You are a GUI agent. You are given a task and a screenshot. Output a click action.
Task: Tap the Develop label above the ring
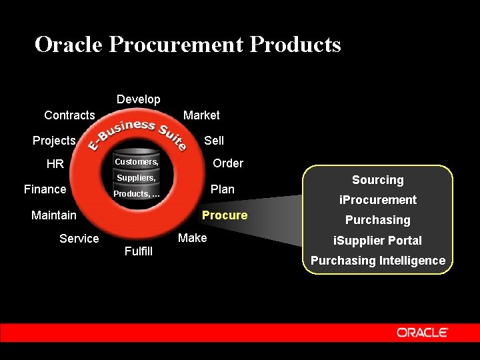tap(139, 99)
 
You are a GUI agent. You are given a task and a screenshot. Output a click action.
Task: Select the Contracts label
tap(69, 115)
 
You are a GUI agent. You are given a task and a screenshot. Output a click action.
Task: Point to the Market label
tap(201, 115)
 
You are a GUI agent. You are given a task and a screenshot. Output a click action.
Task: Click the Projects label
tap(54, 141)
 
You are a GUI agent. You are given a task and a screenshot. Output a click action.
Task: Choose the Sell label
tap(214, 141)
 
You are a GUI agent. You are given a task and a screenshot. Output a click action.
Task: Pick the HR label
tap(55, 164)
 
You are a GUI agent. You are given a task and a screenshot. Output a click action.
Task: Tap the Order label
tap(228, 163)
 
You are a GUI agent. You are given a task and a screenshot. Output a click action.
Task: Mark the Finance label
tap(45, 189)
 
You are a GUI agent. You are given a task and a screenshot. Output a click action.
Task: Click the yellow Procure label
tap(225, 215)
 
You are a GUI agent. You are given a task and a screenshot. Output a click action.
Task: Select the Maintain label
tap(54, 215)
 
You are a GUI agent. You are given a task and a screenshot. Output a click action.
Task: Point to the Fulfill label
tap(139, 251)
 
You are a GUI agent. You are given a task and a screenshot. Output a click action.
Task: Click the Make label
tap(193, 238)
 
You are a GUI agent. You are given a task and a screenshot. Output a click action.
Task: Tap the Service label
tap(79, 239)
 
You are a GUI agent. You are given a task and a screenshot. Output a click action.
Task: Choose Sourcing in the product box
tap(378, 180)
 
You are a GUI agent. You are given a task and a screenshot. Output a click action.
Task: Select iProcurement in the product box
tap(378, 200)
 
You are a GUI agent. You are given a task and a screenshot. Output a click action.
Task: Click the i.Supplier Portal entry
tap(378, 241)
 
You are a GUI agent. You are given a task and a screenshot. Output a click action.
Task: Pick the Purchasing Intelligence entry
tap(378, 261)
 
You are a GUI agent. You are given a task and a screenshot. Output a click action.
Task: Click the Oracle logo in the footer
tap(423, 332)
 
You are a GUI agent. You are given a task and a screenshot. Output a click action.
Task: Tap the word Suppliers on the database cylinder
tap(136, 178)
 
